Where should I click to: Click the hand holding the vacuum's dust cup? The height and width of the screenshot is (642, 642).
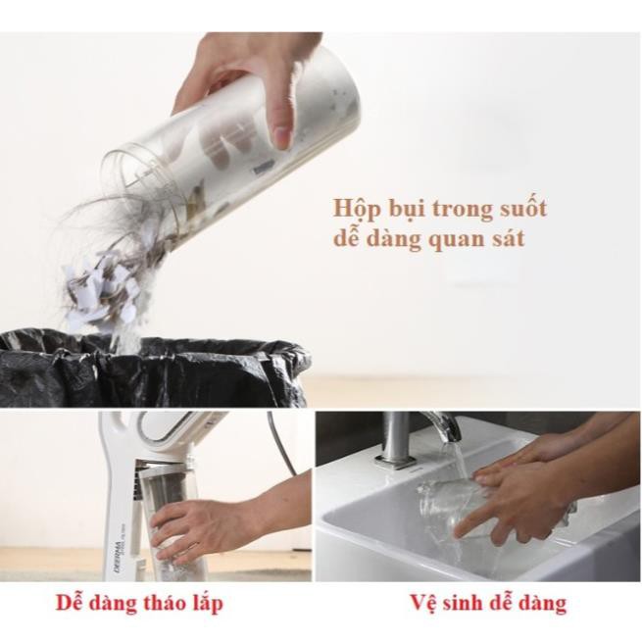coord(196,524)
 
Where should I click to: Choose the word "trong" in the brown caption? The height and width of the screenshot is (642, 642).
coord(458,210)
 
